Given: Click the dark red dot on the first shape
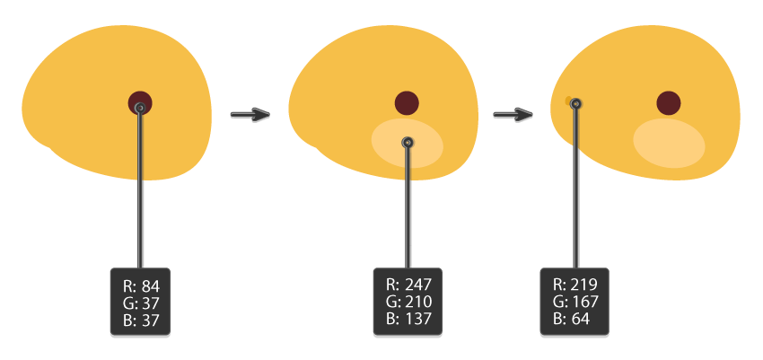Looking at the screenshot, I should [141, 100].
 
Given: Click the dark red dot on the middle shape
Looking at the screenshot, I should [407, 102].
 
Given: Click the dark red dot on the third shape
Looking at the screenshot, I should [668, 103].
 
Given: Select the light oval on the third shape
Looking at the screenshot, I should [669, 144].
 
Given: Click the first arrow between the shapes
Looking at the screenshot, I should [250, 115].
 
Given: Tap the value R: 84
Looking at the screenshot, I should [140, 286].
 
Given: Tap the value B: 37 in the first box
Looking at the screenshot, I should [140, 319].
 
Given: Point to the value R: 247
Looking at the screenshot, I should [408, 285].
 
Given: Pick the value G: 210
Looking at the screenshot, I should [408, 302].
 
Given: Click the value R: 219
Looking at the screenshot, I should [574, 285].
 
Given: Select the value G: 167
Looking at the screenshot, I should [574, 302].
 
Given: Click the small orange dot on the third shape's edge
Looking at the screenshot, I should [569, 101].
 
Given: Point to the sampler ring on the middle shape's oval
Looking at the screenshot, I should [408, 142].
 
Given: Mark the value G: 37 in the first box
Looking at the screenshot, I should [140, 303].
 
